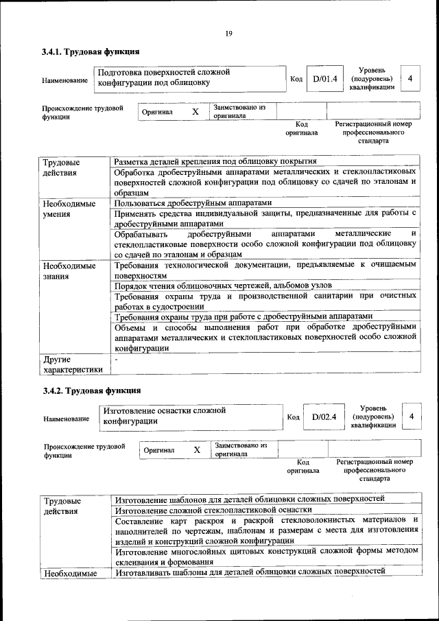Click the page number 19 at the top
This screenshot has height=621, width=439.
pyautogui.click(x=228, y=34)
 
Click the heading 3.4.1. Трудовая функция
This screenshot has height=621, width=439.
pyautogui.click(x=91, y=51)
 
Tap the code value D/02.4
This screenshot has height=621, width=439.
pyautogui.click(x=324, y=417)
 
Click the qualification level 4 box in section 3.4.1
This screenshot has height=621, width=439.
pyautogui.click(x=410, y=79)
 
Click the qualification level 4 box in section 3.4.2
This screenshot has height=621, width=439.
pyautogui.click(x=411, y=417)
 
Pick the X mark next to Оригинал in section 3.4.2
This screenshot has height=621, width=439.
pyautogui.click(x=197, y=449)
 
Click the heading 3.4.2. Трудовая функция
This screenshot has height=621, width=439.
pyautogui.click(x=91, y=390)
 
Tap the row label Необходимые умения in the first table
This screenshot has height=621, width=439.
pyautogui.click(x=69, y=209)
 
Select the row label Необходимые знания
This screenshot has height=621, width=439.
pyautogui.click(x=69, y=272)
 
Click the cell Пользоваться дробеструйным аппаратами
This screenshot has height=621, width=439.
pyautogui.click(x=193, y=203)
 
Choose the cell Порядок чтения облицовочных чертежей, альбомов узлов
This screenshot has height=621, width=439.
pyautogui.click(x=223, y=285)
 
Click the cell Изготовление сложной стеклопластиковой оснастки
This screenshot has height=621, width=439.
pyautogui.click(x=213, y=510)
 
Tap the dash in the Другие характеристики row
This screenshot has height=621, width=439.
pyautogui.click(x=117, y=359)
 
